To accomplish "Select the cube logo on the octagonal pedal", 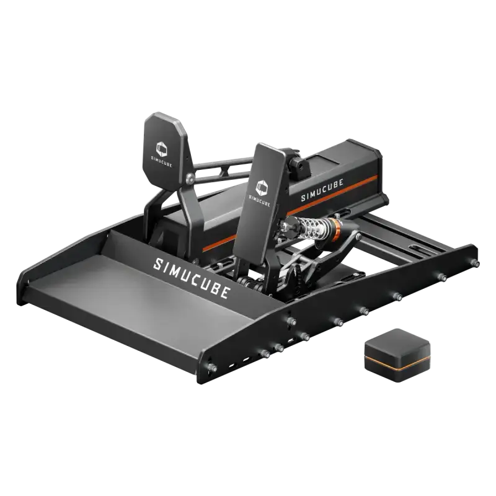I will coord(162,148).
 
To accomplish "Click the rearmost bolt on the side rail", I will coord(476,263).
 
